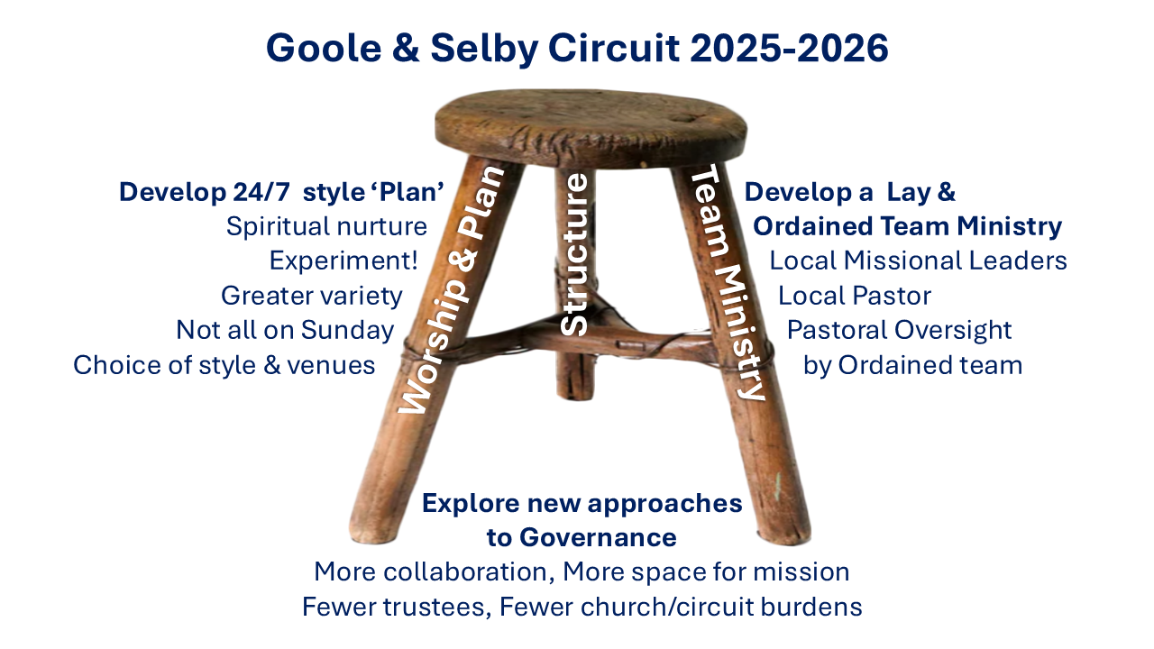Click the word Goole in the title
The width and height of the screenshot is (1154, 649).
[324, 48]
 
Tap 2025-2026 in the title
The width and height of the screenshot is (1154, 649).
[789, 48]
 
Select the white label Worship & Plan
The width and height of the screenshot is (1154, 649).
[452, 289]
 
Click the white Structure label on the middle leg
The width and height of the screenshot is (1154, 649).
[574, 254]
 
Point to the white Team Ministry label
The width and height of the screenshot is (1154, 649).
[728, 282]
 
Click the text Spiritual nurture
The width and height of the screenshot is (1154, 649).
[326, 226]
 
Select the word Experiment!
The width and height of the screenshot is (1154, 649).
[343, 261]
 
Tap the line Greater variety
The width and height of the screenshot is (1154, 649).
[312, 296]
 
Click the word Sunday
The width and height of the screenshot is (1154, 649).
[347, 330]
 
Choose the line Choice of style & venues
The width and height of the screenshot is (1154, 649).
[224, 365]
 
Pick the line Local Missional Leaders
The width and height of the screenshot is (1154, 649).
[918, 261]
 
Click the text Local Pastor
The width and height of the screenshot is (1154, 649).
[855, 296]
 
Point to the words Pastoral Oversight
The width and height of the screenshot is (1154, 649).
[900, 330]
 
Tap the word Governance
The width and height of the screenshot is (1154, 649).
[598, 538]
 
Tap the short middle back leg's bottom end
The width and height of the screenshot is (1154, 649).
[576, 396]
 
